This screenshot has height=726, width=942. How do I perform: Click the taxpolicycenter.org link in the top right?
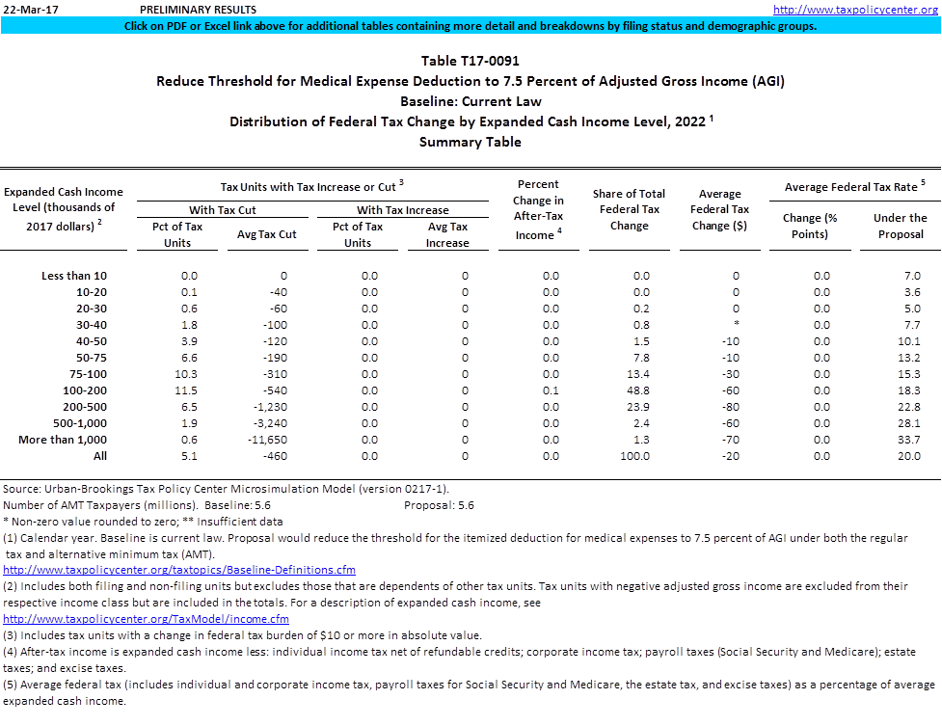pos(856,10)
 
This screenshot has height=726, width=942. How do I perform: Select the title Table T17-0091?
pos(470,61)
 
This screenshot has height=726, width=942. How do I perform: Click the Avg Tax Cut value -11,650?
pos(267,440)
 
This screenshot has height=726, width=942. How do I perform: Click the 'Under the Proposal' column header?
pos(900,226)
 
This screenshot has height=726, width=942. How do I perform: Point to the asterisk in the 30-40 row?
pos(736,325)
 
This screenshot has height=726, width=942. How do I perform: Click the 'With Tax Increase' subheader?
pos(402,209)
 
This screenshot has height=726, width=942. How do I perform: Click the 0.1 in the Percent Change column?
pos(551,390)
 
